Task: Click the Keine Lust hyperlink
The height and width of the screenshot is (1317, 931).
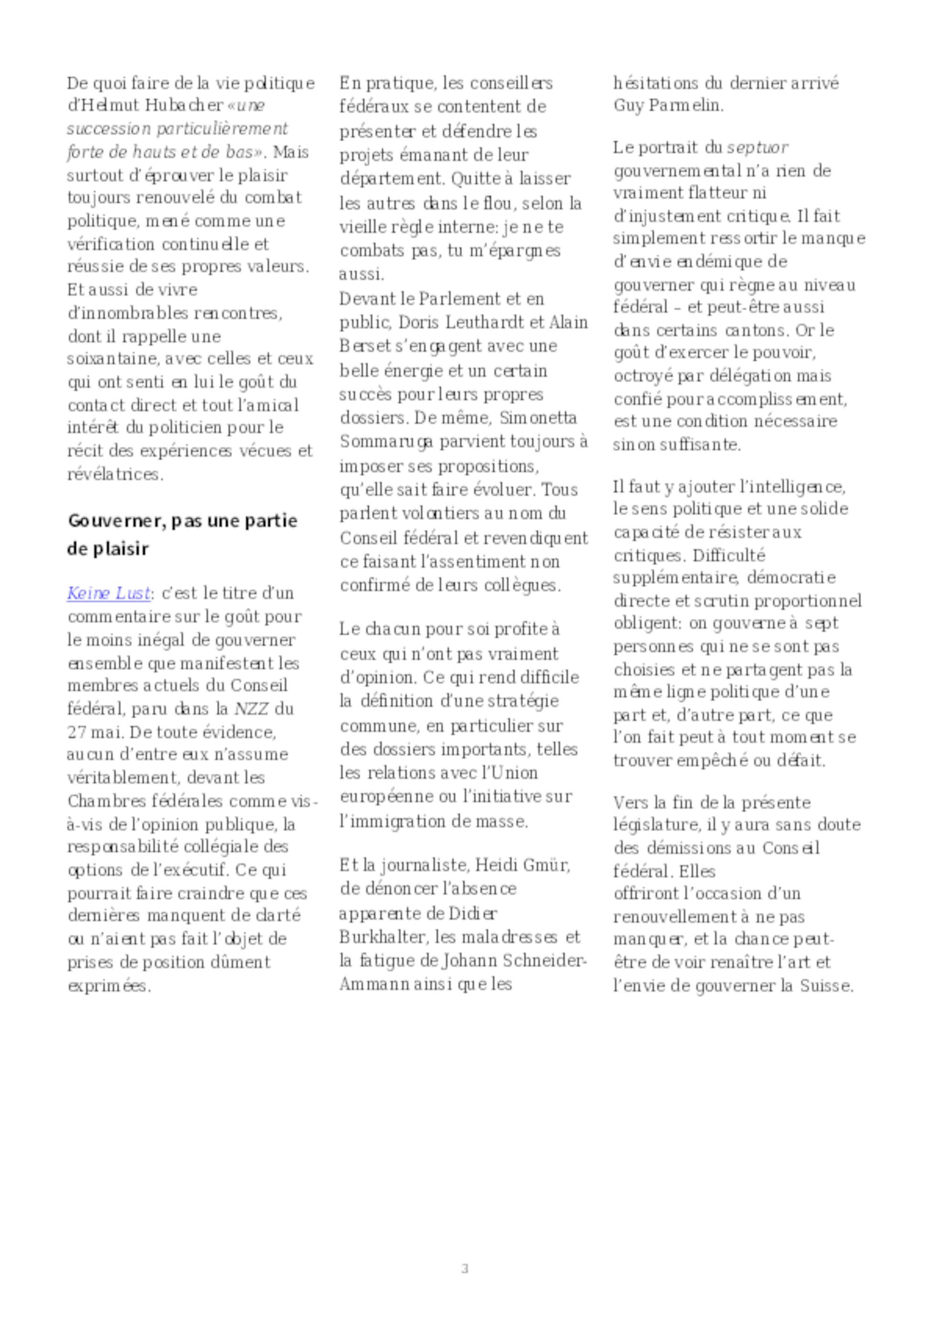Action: (x=108, y=593)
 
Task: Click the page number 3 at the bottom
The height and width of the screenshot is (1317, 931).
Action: (x=465, y=1268)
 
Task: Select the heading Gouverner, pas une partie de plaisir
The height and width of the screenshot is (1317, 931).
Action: (x=182, y=535)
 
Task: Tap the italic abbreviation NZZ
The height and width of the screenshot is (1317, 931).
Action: (x=251, y=709)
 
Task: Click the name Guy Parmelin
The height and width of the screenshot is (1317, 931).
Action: (x=668, y=106)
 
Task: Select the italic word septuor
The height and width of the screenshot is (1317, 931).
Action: (x=757, y=148)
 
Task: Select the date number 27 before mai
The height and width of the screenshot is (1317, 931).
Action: (x=76, y=732)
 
